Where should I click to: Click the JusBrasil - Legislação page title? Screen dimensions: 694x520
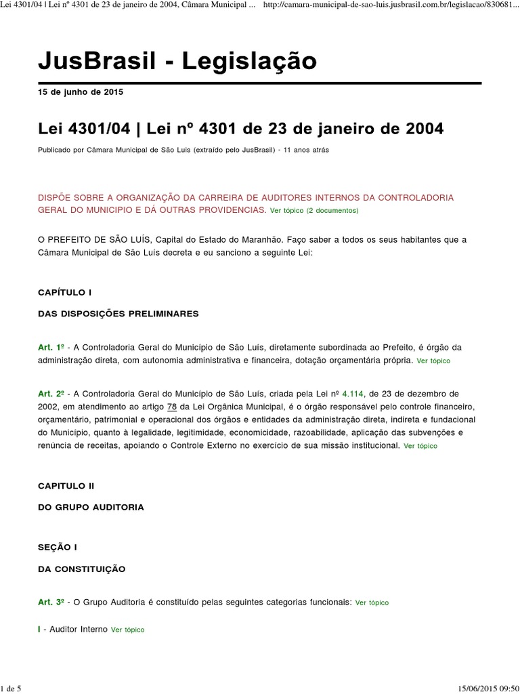pyautogui.click(x=177, y=62)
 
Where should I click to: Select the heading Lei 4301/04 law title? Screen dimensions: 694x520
pyautogui.click(x=240, y=128)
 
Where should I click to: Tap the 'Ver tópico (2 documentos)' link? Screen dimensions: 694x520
pyautogui.click(x=314, y=211)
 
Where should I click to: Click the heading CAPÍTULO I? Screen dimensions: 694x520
pyautogui.click(x=64, y=292)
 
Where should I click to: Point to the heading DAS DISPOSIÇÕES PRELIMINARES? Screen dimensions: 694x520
pyautogui.click(x=118, y=314)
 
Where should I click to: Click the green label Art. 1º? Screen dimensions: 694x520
pyautogui.click(x=51, y=348)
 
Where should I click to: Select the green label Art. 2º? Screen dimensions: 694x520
pyautogui.click(x=51, y=394)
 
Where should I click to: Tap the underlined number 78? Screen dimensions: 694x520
pyautogui.click(x=181, y=406)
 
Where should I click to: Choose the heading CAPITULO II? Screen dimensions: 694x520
pyautogui.click(x=66, y=486)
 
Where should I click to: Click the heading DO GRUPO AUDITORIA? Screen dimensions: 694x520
pyautogui.click(x=91, y=507)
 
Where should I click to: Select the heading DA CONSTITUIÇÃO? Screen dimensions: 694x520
pyautogui.click(x=81, y=569)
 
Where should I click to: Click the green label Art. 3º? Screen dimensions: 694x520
pyautogui.click(x=51, y=602)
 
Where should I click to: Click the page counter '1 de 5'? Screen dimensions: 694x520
pyautogui.click(x=12, y=689)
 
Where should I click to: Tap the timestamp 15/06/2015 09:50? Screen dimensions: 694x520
pyautogui.click(x=481, y=689)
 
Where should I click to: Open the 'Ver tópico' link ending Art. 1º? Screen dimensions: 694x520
pyautogui.click(x=433, y=361)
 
